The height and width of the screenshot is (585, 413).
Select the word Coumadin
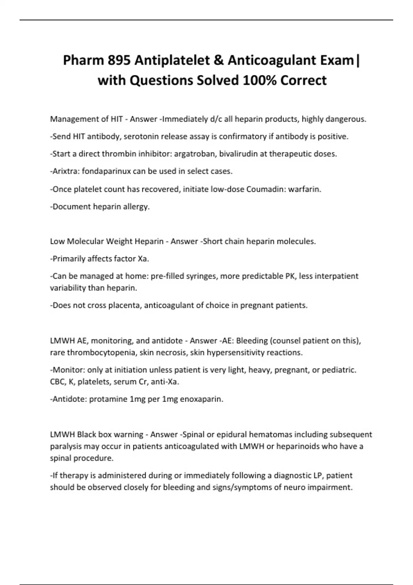pyautogui.click(x=264, y=189)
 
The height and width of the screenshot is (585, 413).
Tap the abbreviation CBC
pyautogui.click(x=57, y=382)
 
